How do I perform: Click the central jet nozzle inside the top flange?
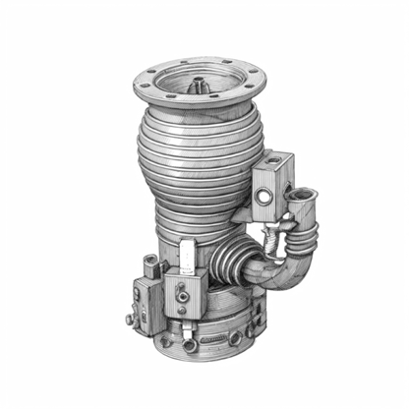(201, 87)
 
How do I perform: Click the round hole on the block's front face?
(263, 200)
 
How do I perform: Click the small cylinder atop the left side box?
(149, 263)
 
